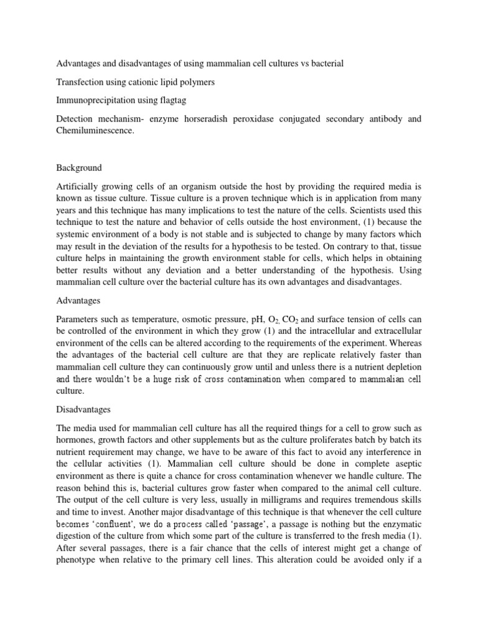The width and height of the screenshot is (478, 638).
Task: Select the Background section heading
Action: (79, 168)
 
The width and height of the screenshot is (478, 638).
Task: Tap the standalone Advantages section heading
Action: (78, 301)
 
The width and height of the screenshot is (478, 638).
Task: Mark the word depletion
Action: (401, 368)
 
